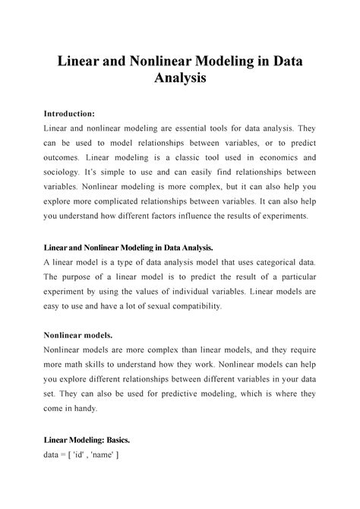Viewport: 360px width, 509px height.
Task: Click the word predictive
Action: tap(189, 393)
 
